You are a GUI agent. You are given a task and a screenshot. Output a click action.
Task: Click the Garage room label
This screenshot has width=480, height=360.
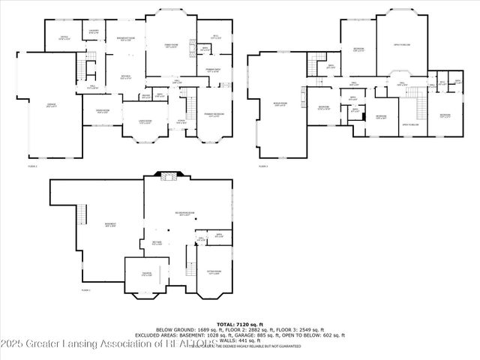tap(52, 106)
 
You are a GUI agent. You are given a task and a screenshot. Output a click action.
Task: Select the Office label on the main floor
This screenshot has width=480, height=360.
tap(64, 38)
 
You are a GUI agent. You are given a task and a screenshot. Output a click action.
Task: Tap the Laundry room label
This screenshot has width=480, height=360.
tap(94, 31)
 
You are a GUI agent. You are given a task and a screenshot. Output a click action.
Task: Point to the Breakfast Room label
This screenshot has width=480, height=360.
tap(124, 39)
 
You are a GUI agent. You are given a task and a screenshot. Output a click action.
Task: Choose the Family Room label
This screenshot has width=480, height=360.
tap(171, 46)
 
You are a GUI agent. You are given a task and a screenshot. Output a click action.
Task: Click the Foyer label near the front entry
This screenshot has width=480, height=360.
tap(181, 121)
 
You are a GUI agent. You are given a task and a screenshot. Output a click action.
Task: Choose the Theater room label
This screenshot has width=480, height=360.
tap(147, 274)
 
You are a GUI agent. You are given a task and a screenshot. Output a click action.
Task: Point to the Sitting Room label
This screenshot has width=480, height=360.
tap(213, 273)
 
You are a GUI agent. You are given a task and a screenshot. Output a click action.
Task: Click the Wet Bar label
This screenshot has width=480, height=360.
tap(157, 243)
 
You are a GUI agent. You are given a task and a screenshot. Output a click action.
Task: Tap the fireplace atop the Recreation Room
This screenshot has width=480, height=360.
tap(169, 177)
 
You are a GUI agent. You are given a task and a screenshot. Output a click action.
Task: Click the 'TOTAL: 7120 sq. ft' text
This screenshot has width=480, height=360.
tap(240, 322)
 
